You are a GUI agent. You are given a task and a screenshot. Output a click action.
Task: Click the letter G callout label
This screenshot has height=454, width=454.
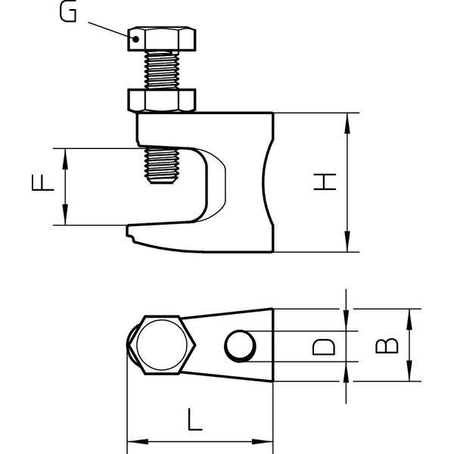[x=68, y=11]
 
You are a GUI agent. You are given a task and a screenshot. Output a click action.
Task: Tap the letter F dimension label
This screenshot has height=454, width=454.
[x=43, y=182]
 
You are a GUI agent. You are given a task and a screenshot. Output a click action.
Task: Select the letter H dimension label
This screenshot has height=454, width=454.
[x=325, y=182]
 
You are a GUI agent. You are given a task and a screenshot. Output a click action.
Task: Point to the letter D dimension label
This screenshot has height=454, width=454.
[x=324, y=347]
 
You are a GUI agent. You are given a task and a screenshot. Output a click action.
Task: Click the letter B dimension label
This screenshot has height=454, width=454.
[x=387, y=346]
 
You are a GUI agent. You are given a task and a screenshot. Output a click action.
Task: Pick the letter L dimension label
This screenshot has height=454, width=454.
[x=195, y=419]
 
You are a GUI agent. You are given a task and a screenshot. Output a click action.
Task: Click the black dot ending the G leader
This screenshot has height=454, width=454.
[x=135, y=39]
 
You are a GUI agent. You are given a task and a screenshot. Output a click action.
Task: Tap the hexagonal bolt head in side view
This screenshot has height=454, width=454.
[x=162, y=39]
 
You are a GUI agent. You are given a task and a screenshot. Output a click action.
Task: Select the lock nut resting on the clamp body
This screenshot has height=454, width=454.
[x=162, y=100]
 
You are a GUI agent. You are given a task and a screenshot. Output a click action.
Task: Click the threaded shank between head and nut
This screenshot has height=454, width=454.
[x=162, y=70]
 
